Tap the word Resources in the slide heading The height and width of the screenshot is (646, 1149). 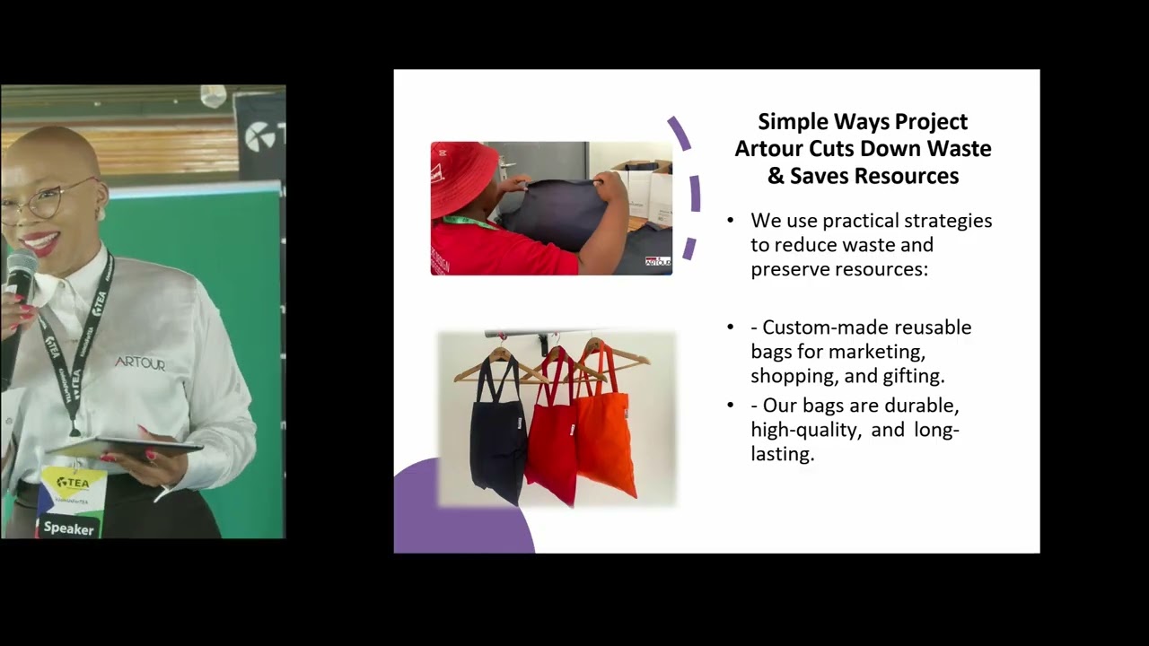point(906,176)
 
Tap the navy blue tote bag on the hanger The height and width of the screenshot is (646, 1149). point(498,431)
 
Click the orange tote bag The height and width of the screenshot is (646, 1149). point(605,431)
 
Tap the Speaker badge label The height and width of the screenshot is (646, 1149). point(69,528)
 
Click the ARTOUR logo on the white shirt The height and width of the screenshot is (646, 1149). point(140,363)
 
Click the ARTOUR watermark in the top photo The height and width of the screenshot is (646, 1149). point(658,261)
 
